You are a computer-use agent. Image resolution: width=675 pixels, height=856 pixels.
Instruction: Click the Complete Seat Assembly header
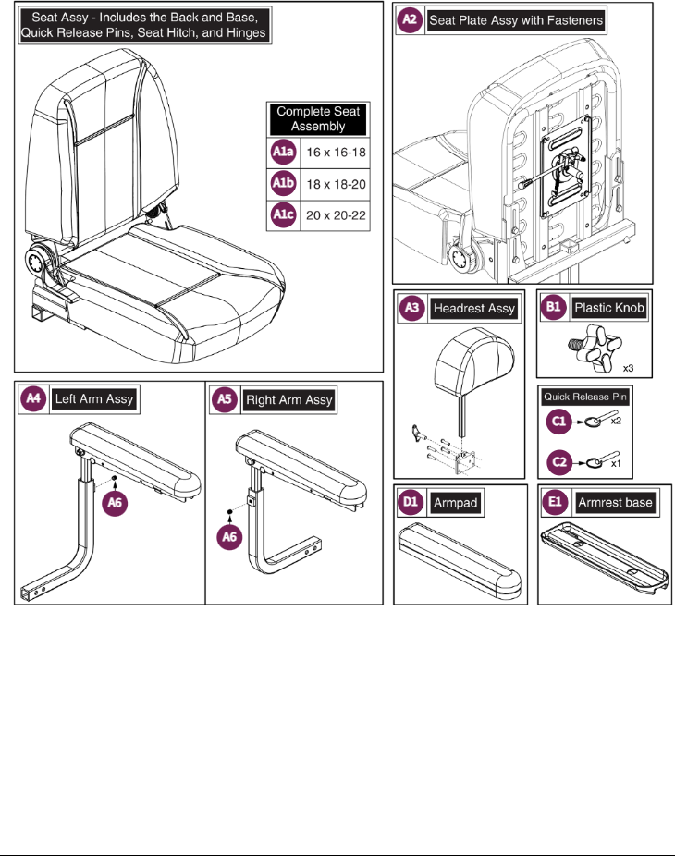click(x=317, y=119)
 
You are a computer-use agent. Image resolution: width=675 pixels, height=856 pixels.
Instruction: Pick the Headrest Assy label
click(x=474, y=309)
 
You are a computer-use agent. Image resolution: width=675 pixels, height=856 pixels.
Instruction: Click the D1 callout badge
click(x=410, y=503)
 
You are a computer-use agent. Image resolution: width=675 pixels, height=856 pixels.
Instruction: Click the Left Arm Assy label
click(x=92, y=400)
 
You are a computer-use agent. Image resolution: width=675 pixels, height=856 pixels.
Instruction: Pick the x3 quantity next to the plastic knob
click(x=627, y=367)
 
